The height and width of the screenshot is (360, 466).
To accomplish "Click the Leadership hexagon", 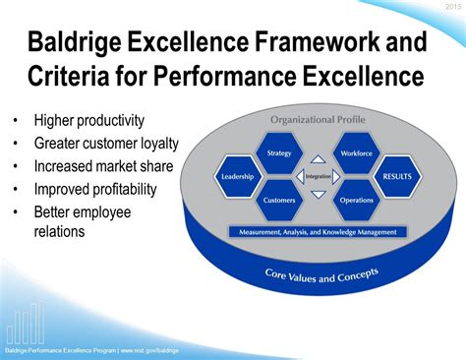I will coord(238,177).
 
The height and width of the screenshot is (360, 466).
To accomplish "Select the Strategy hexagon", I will coord(278,153).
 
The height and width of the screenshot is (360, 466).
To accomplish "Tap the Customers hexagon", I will coord(278,200).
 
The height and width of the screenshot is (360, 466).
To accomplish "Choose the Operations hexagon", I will coord(355,200).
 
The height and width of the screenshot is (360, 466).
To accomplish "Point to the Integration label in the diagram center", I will coord(317,177).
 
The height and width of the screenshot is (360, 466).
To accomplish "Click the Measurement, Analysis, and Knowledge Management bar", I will coord(317,232).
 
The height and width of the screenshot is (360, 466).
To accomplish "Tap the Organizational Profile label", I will coord(317,120).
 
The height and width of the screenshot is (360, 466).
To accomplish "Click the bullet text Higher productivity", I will coord(89,121).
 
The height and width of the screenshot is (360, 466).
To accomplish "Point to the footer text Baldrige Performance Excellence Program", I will coord(59,350).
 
